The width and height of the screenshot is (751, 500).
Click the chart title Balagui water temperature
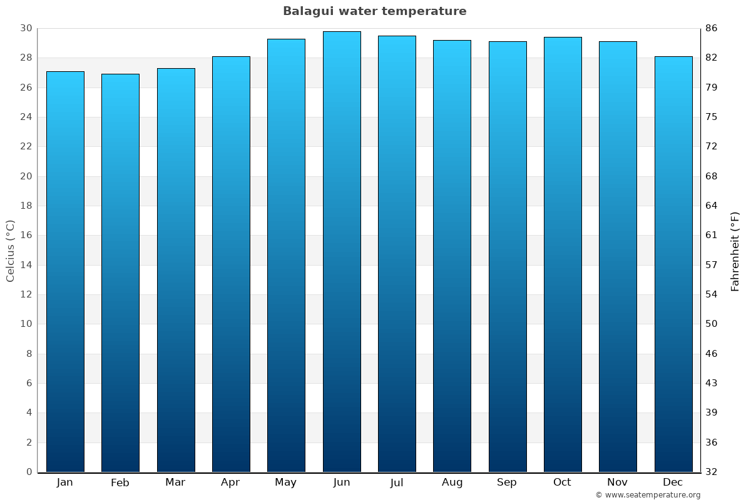tap(374, 11)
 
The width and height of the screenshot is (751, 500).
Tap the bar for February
tap(120, 272)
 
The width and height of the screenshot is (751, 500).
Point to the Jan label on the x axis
tap(65, 482)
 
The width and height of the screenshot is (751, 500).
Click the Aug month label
tap(452, 482)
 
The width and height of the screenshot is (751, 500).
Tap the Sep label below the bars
tap(507, 482)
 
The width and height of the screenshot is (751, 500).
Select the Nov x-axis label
tap(618, 482)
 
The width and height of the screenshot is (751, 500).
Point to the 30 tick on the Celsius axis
tap(26, 28)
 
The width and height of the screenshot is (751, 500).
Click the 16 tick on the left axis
tap(26, 236)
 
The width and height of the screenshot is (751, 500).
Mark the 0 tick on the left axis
tap(29, 472)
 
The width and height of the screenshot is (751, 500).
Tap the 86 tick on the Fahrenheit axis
tap(711, 28)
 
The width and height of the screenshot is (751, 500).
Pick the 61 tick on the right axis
tap(711, 236)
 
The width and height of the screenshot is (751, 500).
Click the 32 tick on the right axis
tap(711, 472)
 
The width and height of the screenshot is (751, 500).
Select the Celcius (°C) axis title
tap(10, 251)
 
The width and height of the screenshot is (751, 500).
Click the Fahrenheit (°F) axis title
tap(735, 251)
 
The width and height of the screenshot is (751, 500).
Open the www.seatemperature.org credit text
tap(648, 495)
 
